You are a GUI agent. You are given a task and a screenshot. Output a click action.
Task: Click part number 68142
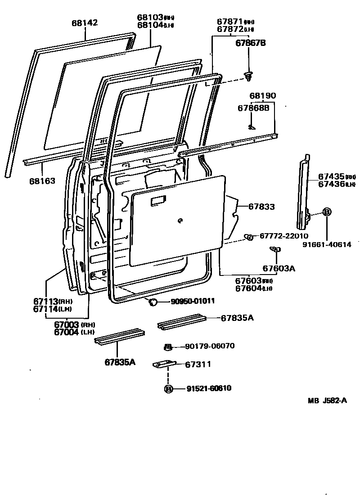[85, 23]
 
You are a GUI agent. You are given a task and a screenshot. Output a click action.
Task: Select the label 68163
[42, 181]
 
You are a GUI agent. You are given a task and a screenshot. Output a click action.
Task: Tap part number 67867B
[251, 43]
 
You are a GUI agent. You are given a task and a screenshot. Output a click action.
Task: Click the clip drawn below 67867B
[248, 77]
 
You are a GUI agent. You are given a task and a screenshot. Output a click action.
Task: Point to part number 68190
[263, 96]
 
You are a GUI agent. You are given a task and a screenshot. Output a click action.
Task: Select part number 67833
[261, 207]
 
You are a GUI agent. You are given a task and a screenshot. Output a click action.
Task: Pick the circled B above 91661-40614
[327, 212]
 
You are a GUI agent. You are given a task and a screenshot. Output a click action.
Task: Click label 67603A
[279, 269]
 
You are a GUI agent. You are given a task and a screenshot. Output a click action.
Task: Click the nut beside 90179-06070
[167, 347]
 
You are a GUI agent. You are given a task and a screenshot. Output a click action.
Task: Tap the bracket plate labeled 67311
[164, 365]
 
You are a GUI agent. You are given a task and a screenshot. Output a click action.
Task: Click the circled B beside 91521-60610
[168, 389]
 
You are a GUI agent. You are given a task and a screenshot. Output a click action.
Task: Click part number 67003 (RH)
[67, 325]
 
